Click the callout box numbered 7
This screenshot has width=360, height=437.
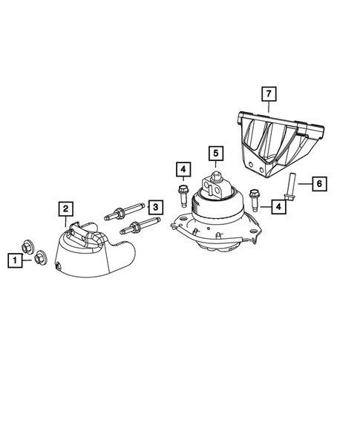268,93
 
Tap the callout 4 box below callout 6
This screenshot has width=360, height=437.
278,206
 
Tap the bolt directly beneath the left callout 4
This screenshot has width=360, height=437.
183,196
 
